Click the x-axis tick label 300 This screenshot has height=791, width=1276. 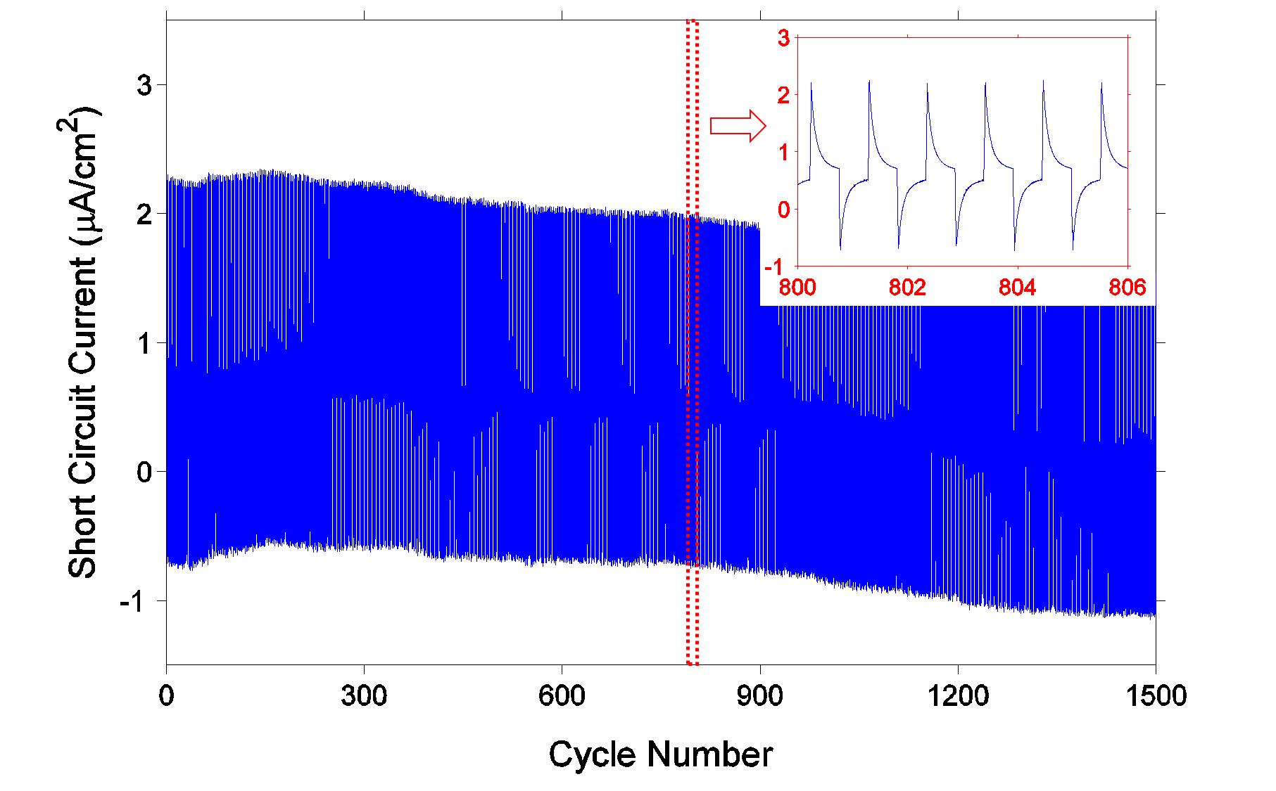click(x=364, y=696)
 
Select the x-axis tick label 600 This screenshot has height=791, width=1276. click(x=562, y=696)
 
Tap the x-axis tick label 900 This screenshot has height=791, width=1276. click(x=759, y=696)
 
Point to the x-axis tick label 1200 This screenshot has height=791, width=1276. click(x=957, y=696)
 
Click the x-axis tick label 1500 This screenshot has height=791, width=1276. click(x=1156, y=696)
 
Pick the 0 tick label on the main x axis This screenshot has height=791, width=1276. click(x=166, y=696)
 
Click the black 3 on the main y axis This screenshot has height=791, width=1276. click(x=144, y=86)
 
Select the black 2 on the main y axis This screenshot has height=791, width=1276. click(x=144, y=214)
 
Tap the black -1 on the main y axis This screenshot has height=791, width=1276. click(x=136, y=602)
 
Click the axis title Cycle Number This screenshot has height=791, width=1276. click(x=660, y=754)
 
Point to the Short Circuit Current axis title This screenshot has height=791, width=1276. click(x=83, y=342)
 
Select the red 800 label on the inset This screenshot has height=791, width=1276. click(x=797, y=288)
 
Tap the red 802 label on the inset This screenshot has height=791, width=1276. click(x=907, y=288)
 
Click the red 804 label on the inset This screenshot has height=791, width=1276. click(x=1017, y=288)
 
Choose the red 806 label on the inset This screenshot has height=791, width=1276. click(x=1127, y=288)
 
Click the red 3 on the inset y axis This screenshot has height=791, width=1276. click(x=783, y=38)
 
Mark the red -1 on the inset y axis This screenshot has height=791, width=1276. click(x=778, y=266)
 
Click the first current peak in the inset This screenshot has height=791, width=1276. click(x=811, y=84)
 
